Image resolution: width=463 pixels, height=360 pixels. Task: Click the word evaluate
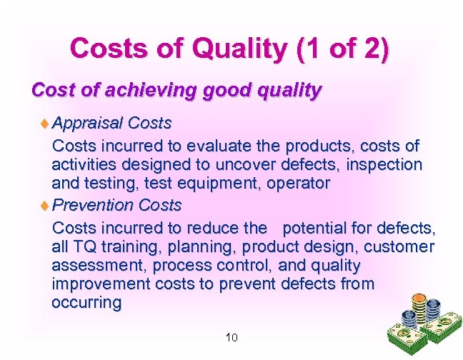point(219,146)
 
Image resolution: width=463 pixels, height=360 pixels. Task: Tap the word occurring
point(86,303)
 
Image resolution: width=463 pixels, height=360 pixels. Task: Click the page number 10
point(231,338)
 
